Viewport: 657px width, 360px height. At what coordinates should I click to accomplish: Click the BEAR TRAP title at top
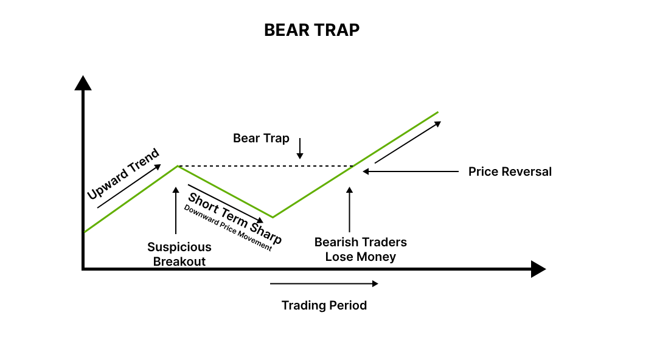coord(311,30)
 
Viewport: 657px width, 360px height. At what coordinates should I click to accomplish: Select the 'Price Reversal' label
coord(510,171)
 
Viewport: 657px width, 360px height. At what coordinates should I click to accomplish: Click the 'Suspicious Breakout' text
coord(179,254)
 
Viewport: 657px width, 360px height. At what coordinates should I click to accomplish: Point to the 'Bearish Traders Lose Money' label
coord(361,249)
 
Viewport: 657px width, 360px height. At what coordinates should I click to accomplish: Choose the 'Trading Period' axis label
coord(324,305)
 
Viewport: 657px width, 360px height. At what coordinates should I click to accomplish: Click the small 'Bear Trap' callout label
coord(261,138)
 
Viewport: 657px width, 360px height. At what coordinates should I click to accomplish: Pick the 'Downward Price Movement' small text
coord(228,227)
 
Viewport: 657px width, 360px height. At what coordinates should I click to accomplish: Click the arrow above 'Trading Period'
coord(324,283)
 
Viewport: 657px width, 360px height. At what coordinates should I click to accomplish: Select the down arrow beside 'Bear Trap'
coord(299,148)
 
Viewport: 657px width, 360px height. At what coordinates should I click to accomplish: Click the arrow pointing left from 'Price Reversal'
coord(411,171)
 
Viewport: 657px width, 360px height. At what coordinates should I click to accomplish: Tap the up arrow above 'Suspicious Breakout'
coord(176,210)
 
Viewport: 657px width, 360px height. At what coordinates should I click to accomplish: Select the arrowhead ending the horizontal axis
coord(538,269)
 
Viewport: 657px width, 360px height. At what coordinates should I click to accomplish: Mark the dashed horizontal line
coord(265,166)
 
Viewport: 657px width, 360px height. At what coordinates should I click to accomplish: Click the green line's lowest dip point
coord(273,217)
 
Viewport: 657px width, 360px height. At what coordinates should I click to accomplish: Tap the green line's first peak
coord(177,165)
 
